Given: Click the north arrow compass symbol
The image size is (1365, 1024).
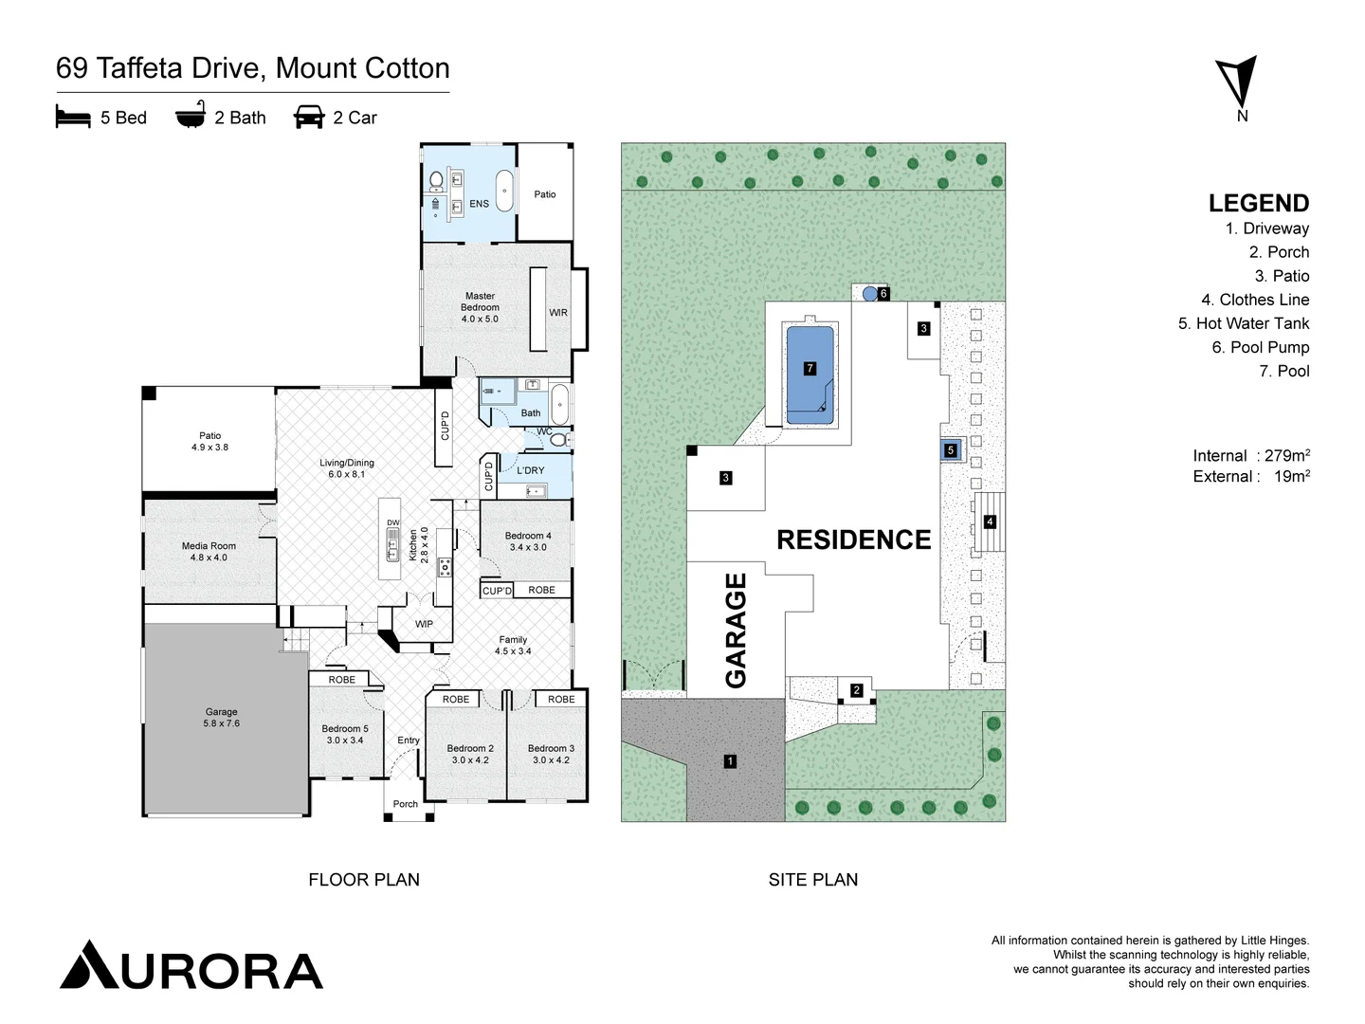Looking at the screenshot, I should (1239, 82).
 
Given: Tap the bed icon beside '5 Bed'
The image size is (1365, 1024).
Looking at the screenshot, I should (73, 118).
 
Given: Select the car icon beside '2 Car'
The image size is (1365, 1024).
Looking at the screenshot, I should (309, 118).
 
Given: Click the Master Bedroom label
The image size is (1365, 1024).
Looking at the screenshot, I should (480, 307).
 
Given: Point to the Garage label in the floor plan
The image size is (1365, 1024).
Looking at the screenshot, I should (221, 717).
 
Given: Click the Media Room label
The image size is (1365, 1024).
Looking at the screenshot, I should (209, 551).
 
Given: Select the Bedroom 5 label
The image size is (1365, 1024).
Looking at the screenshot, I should (344, 734).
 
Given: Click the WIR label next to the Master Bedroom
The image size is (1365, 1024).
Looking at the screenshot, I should (558, 313).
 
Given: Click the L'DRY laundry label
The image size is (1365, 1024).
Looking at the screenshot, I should (531, 470).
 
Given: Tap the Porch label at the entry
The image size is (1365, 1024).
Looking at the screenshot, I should (406, 804).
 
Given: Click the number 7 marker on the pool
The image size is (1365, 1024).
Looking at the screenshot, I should (810, 368).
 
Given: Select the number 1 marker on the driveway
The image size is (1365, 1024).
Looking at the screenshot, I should (730, 760).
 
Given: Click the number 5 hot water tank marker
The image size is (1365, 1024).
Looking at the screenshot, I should (951, 450).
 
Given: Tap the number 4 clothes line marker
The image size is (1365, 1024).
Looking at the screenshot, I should (990, 521).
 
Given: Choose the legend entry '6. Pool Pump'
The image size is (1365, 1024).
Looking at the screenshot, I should (1260, 347).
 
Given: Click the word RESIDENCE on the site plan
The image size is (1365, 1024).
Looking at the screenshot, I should (853, 539).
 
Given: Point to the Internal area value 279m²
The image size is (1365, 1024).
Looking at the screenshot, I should (1286, 456).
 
